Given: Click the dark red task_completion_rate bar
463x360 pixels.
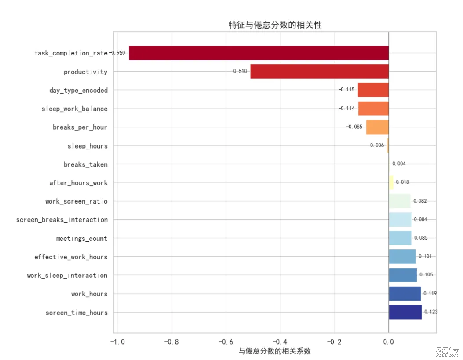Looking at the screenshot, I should [259, 53].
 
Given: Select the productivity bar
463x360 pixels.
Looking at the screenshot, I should [319, 71].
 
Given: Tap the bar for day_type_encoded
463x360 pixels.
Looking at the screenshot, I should [373, 90].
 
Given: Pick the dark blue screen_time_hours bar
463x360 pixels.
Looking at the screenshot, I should [405, 312].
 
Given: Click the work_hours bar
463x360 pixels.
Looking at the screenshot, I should [405, 294].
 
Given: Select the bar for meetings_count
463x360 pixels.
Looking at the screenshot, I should [400, 238].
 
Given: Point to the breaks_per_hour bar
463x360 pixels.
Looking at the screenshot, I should [377, 127].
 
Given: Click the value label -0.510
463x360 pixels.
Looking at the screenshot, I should [239, 71].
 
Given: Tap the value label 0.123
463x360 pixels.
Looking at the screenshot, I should [431, 312].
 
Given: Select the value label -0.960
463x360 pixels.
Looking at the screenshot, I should [118, 53].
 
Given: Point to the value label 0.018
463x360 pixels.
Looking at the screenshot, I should [402, 182].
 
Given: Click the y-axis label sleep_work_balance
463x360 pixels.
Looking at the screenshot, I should [74, 109].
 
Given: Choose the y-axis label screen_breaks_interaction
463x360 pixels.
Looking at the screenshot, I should [62, 219].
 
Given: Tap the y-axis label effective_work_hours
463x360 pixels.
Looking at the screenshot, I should [71, 257].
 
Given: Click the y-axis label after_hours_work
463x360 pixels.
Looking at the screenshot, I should [78, 182].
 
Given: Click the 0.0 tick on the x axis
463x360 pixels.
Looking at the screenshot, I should [389, 342].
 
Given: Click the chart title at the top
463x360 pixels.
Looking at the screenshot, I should [275, 25].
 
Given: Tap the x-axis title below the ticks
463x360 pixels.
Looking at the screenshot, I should [275, 351].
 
